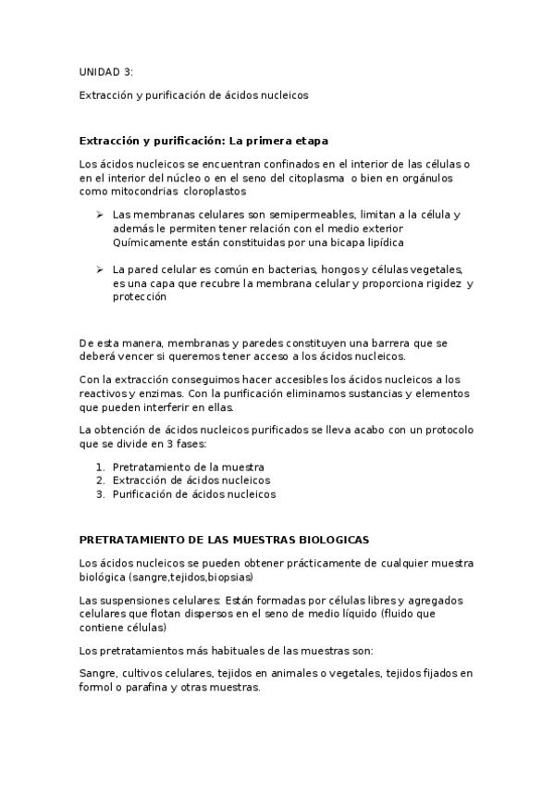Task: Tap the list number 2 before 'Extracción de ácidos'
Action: pos(100,480)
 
